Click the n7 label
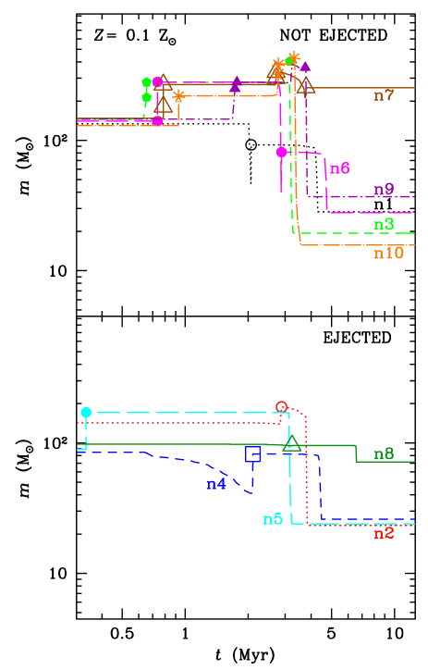(384, 95)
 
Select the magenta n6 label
(340, 168)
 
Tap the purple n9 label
(384, 190)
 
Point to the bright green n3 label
(384, 225)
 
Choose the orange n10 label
(388, 254)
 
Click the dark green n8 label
(384, 454)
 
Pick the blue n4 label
(216, 484)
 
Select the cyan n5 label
(273, 519)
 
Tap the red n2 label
(384, 534)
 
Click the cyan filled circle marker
(86, 413)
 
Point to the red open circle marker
(282, 407)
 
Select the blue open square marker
(252, 453)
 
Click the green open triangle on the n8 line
(292, 444)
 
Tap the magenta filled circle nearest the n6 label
(282, 152)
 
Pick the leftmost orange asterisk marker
(178, 95)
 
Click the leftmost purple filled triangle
(236, 84)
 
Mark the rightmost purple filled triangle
(305, 66)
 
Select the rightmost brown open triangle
(305, 86)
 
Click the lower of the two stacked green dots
(146, 97)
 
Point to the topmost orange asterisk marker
(294, 58)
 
